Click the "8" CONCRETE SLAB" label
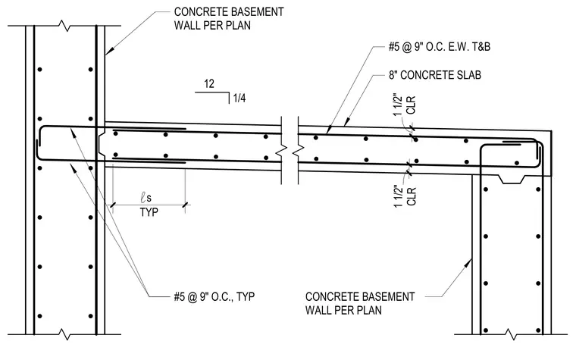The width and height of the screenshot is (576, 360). point(435,75)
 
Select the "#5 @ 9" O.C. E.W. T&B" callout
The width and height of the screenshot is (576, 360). point(440,47)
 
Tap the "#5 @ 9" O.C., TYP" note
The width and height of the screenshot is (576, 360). point(214,296)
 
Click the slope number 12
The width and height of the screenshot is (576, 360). point(209,84)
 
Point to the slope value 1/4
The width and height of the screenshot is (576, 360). point(239,98)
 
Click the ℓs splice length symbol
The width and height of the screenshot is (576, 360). point(146,198)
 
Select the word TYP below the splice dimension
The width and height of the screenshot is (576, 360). point(149,212)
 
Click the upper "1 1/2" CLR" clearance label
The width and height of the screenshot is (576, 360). point(405,105)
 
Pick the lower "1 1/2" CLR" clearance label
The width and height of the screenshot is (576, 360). point(405,196)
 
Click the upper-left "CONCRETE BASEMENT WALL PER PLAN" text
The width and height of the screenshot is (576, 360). point(229,19)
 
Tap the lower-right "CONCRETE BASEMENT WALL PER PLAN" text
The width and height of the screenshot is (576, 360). point(360,303)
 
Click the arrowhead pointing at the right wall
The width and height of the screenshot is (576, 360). point(468,263)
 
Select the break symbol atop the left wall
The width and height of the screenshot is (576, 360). point(65,26)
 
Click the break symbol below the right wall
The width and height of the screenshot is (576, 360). point(510,334)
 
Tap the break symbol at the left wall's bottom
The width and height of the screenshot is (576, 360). point(65,334)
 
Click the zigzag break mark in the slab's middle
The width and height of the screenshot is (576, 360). point(290,150)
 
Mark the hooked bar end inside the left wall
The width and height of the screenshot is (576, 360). point(37,149)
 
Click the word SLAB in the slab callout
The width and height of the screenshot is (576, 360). point(468,75)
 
